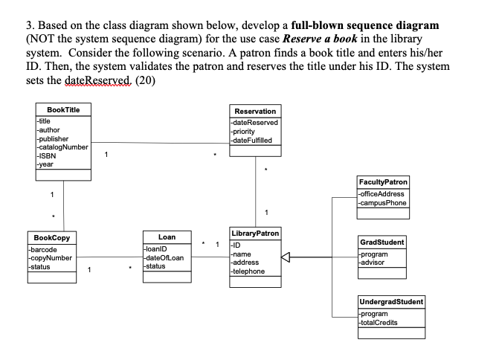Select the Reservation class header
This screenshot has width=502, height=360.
pos(255,111)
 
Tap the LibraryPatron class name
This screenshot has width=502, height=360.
pos(255,233)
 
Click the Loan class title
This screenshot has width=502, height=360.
pos(167,237)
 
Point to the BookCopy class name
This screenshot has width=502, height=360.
pos(48,237)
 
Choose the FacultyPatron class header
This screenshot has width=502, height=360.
pos(383,181)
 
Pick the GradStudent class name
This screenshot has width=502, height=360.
pos(382,242)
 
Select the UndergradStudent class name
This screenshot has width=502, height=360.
pos(391,302)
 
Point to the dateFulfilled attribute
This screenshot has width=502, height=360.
pos(253,140)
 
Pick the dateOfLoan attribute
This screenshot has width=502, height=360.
pos(164,258)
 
